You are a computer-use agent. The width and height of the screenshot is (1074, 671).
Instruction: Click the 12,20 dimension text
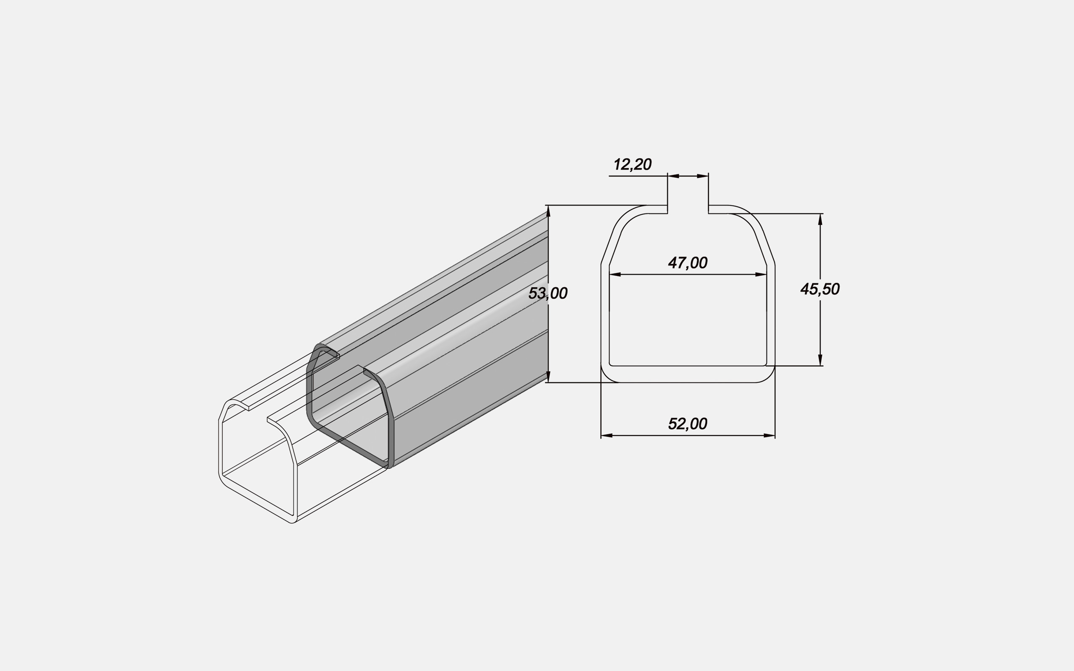click(632, 165)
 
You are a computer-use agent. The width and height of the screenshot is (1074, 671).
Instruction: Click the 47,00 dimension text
click(688, 263)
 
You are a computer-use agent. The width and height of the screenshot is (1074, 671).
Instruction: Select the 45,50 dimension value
click(820, 289)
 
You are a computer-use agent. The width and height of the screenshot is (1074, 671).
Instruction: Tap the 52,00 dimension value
click(688, 424)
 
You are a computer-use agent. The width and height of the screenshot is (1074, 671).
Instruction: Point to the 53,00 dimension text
click(547, 293)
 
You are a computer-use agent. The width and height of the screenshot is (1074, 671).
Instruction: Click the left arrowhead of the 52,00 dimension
click(606, 435)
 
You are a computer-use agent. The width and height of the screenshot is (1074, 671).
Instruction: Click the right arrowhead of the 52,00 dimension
click(769, 435)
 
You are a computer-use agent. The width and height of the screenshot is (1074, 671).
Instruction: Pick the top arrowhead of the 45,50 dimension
click(820, 219)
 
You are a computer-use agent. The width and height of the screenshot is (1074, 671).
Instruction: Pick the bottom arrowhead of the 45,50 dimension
click(820, 360)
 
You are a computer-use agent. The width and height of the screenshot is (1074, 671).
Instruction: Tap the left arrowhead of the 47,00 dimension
click(615, 275)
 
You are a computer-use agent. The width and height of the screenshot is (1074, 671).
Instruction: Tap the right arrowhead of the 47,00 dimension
click(761, 275)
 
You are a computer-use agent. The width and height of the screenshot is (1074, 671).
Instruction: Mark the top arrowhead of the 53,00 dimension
click(548, 211)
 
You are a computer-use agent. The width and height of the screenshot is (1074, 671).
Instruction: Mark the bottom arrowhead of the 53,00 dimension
click(548, 377)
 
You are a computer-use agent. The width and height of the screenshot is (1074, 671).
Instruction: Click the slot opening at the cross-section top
click(688, 208)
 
